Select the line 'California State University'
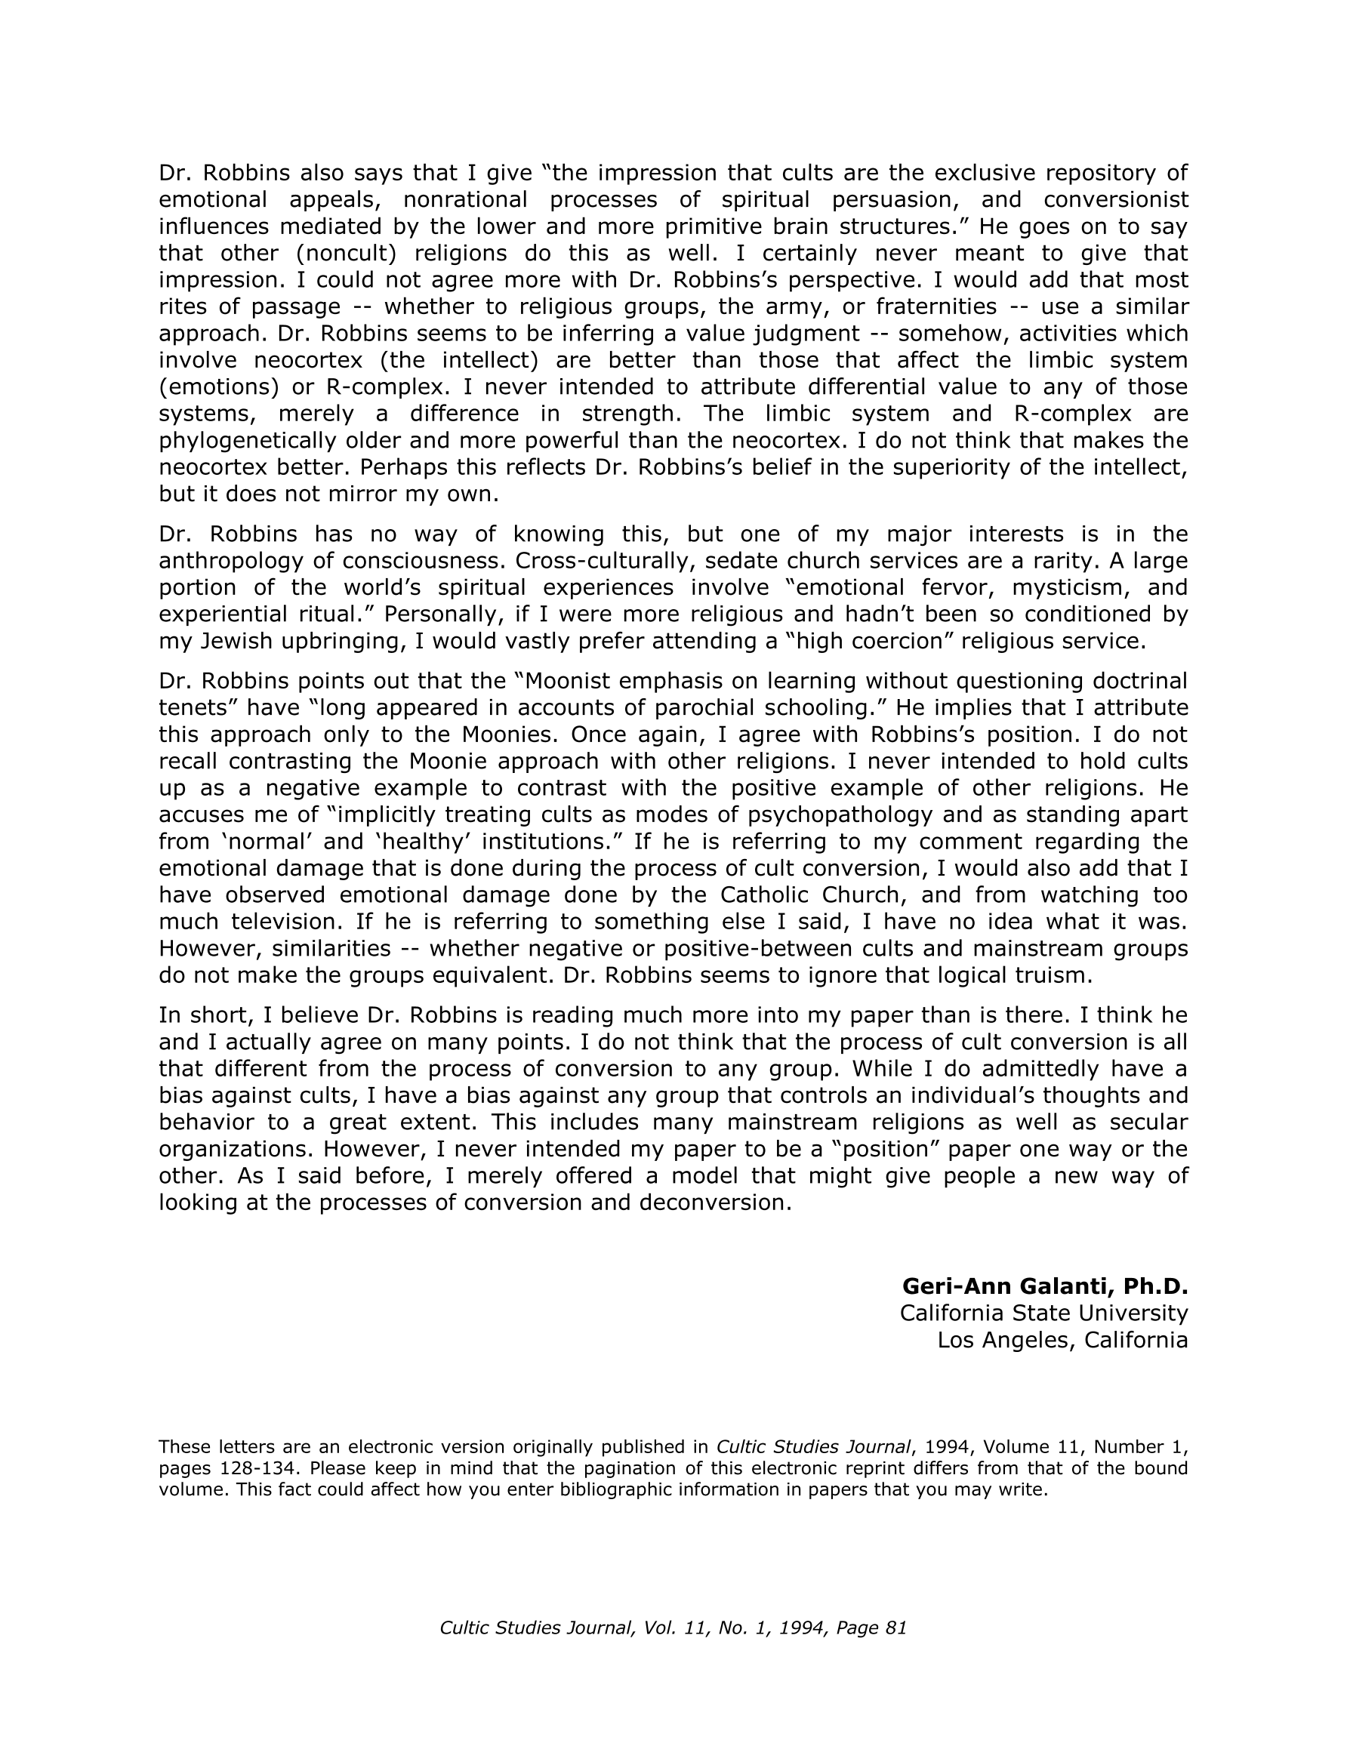pos(1043,1313)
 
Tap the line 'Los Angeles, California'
pos(1062,1340)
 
